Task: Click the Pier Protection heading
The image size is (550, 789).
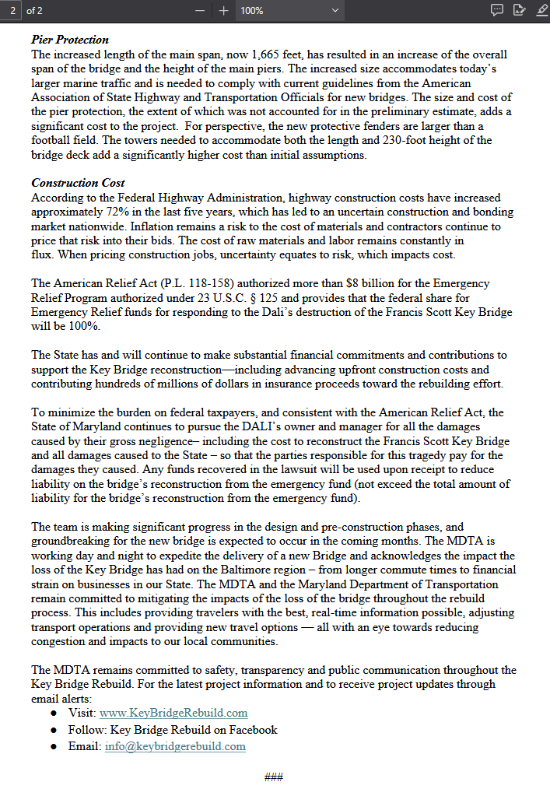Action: click(x=70, y=40)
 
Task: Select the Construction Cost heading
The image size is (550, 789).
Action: click(x=78, y=183)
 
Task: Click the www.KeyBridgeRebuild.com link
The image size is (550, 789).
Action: click(x=173, y=713)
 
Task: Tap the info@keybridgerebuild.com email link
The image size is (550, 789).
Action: click(x=175, y=746)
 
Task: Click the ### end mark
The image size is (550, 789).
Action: click(x=273, y=777)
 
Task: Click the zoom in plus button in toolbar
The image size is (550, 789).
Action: click(x=224, y=11)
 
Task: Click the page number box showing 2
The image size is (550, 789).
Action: click(x=13, y=11)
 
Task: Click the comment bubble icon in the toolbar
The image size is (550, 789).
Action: click(x=497, y=10)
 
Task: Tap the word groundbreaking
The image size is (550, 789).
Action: click(x=68, y=542)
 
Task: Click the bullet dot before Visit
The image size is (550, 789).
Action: click(x=54, y=714)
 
